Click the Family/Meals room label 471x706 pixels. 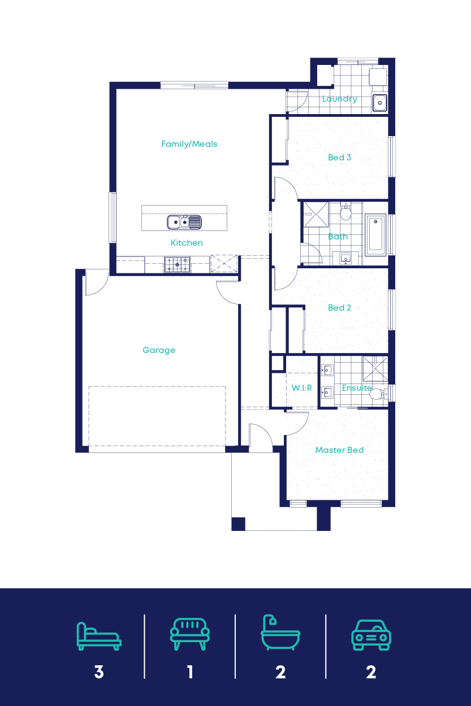click(189, 144)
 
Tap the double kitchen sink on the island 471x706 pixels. click(184, 223)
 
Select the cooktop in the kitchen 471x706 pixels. click(177, 264)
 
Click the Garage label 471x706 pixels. click(159, 350)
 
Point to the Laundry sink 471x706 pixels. click(379, 103)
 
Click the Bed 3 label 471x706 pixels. click(339, 158)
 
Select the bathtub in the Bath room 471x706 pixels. click(375, 234)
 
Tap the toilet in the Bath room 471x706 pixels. click(345, 213)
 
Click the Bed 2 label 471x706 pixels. click(339, 308)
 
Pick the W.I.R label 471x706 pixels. click(301, 389)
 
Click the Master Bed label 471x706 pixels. click(339, 450)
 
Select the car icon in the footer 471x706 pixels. click(371, 635)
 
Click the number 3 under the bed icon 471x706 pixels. click(99, 672)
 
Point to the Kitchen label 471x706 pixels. click(187, 243)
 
